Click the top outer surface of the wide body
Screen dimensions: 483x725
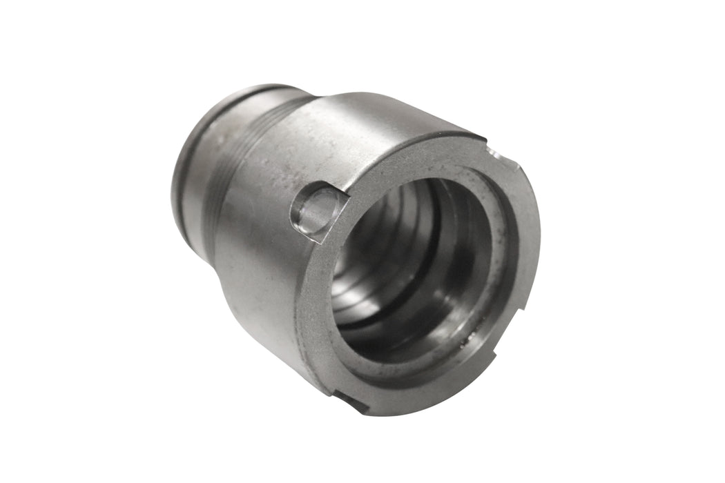[373, 117]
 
